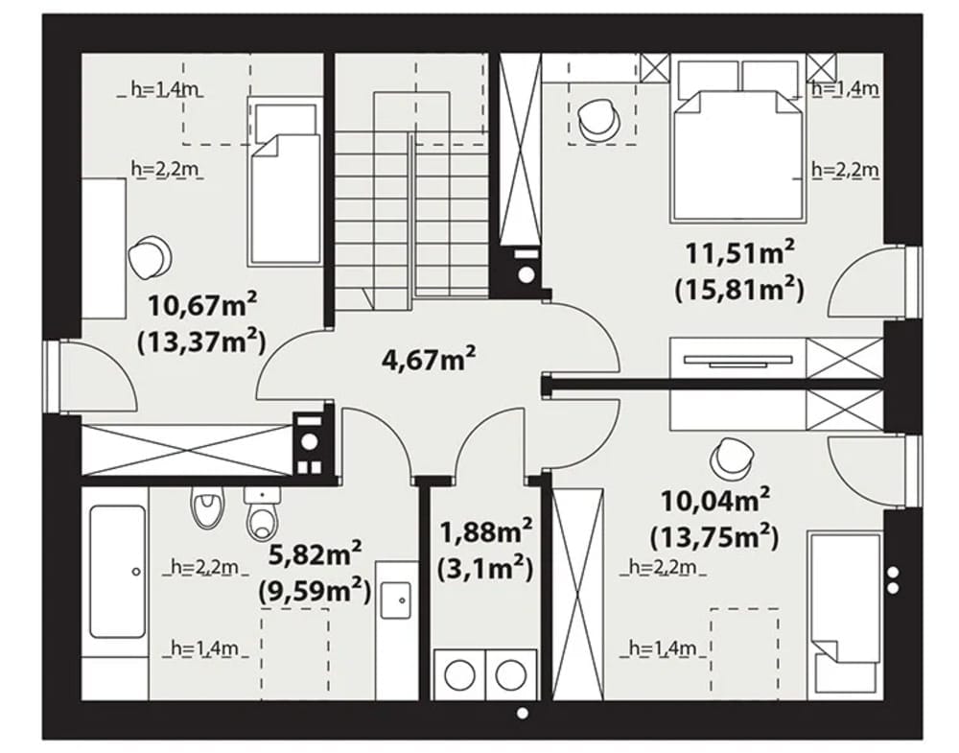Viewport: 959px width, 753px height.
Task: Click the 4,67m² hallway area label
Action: pos(428,359)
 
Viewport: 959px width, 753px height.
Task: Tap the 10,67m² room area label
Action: pos(201,305)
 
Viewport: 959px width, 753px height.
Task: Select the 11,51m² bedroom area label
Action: pos(739,252)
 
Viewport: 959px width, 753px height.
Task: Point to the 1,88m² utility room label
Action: pos(486,532)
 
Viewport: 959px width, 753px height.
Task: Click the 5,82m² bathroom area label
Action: pos(315,554)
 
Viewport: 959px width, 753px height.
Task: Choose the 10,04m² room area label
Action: pos(715,501)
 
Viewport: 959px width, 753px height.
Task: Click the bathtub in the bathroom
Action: pos(117,571)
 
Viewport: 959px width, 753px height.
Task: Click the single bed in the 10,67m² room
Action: pos(284,181)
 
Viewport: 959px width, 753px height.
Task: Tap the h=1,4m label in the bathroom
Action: pos(204,647)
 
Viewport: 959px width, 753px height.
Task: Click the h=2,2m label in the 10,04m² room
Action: pos(663,568)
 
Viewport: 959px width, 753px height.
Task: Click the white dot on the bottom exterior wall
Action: pos(523,714)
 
